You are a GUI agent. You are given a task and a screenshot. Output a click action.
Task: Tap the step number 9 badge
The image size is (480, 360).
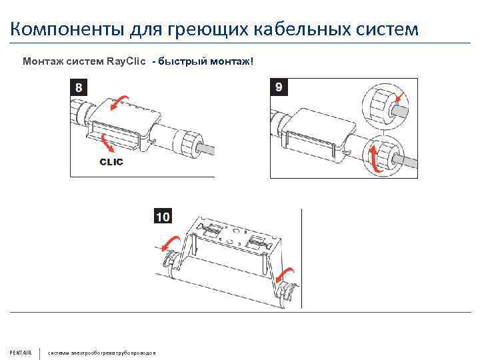click(x=278, y=87)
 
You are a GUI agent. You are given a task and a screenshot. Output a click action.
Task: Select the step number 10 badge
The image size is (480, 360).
click(x=163, y=216)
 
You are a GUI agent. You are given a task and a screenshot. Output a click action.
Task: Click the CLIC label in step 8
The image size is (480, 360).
click(x=111, y=162)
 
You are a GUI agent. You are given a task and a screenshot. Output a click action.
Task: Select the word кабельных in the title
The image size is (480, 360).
click(x=296, y=29)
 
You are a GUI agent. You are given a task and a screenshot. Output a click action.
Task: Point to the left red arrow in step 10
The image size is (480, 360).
click(x=167, y=244)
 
